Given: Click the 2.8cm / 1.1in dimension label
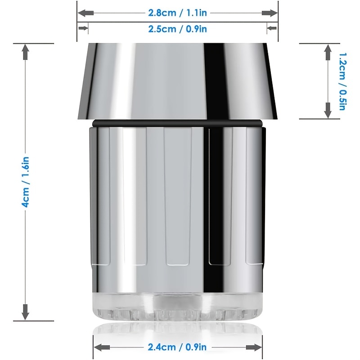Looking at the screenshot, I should tap(177, 13).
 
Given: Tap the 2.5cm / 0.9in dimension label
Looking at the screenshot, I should tap(177, 29).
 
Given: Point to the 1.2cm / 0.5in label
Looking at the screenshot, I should tap(342, 81).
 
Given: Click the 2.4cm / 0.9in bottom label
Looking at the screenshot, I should tap(177, 347).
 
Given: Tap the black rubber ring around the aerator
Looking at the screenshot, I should tap(177, 123).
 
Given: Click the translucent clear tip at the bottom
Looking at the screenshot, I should tap(177, 306).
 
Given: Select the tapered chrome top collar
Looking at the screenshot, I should tap(177, 81).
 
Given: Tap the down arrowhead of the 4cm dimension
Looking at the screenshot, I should tap(26, 310).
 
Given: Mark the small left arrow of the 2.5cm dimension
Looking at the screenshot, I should tap(82, 29).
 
